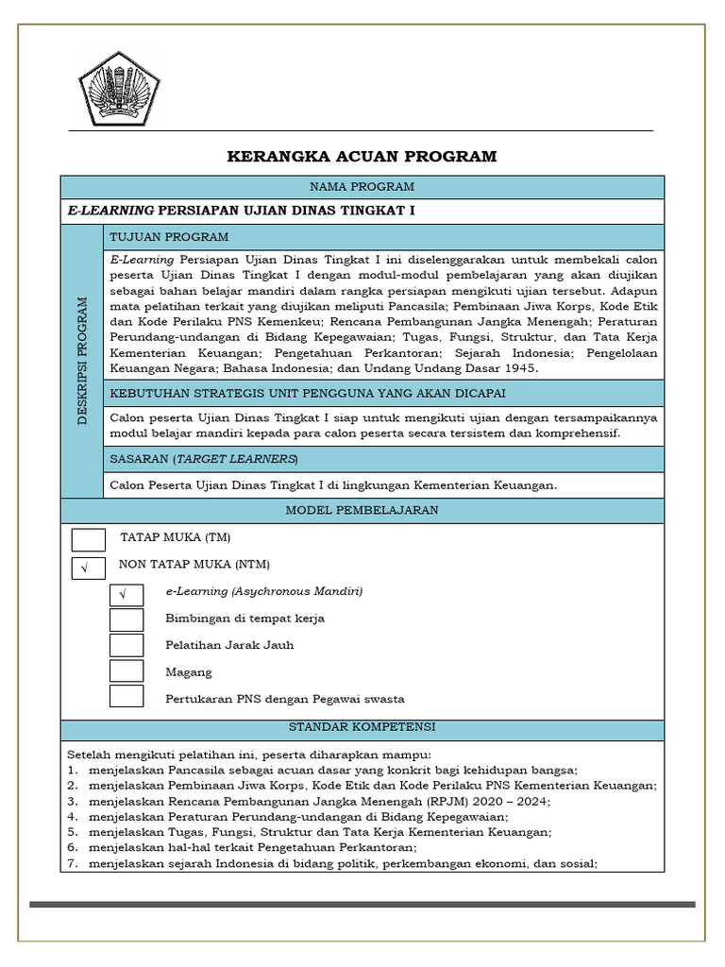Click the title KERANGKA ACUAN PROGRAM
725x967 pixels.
[x=362, y=157]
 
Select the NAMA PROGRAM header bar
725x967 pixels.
[x=362, y=187]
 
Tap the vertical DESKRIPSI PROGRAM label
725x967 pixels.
[x=82, y=361]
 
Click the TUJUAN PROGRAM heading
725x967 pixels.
[x=170, y=237]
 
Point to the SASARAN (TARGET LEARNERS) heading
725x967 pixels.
[x=204, y=459]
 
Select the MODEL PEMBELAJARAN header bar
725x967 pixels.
[x=362, y=511]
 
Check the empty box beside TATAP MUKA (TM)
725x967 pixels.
[x=89, y=539]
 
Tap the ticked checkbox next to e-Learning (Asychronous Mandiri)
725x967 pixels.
[x=126, y=594]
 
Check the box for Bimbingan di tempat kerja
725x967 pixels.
[x=126, y=619]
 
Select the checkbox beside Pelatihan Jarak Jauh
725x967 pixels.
[x=126, y=645]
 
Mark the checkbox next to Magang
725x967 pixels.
[x=126, y=670]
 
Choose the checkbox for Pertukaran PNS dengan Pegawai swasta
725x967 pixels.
[x=126, y=697]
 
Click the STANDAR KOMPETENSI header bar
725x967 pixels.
[x=362, y=728]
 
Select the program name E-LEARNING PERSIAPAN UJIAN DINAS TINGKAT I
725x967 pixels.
[x=242, y=212]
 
